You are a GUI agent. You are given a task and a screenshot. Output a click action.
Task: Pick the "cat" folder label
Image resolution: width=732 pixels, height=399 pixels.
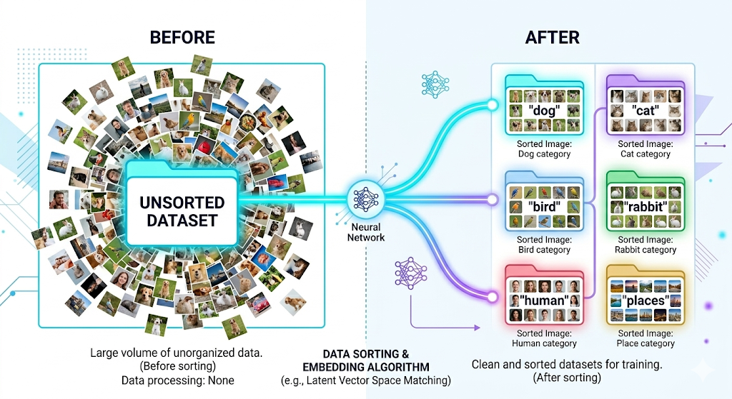(646, 111)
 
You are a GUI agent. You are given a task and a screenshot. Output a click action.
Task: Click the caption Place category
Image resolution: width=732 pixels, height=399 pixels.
(646, 343)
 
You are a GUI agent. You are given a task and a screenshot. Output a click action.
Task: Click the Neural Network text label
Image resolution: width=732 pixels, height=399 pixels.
(366, 232)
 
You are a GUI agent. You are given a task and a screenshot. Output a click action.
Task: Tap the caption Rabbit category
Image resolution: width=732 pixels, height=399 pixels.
(646, 250)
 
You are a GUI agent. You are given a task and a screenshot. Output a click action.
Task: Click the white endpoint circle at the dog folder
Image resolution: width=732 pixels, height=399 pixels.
(492, 105)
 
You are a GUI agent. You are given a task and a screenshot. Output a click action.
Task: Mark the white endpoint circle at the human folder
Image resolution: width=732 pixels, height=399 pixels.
(492, 294)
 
